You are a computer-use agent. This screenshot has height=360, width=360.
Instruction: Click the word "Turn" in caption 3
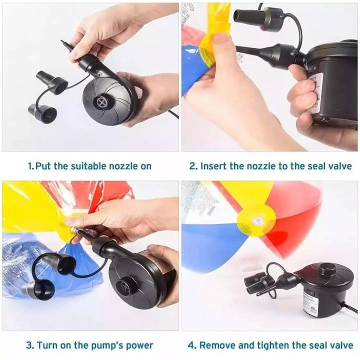point(47,345)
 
